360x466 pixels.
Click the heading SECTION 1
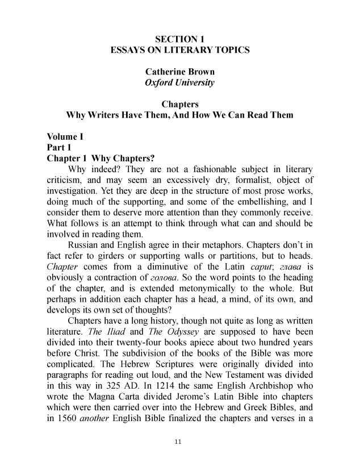click(x=179, y=39)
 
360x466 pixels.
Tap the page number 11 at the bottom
click(x=179, y=442)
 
